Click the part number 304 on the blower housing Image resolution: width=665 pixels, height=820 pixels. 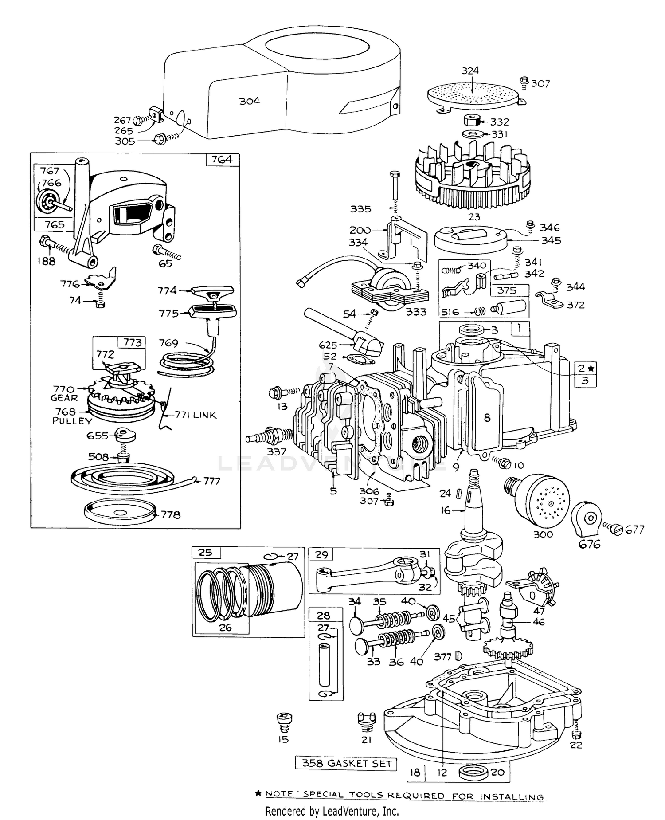(250, 101)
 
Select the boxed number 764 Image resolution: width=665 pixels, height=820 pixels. (222, 159)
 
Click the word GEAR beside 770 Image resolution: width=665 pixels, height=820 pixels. (64, 398)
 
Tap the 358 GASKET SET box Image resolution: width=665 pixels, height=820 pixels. (346, 763)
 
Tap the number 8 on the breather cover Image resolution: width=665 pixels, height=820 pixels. (487, 417)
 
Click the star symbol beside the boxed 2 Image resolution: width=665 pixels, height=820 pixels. (592, 368)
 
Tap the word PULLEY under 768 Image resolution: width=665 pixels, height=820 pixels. (72, 421)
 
